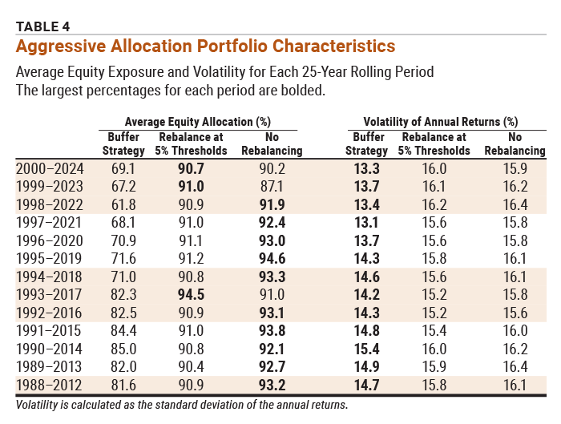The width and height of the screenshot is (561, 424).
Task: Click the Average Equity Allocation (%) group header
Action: [197, 122]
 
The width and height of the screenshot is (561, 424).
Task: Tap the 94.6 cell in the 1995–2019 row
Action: [272, 258]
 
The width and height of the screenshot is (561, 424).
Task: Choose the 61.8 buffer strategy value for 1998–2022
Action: [124, 204]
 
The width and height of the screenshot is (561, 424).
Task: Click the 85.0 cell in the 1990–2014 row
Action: [124, 349]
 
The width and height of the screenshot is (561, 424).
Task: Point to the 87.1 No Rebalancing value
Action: [272, 186]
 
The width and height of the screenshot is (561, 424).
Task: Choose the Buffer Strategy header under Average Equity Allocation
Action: [124, 143]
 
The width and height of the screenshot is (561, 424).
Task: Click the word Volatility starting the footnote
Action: [40, 405]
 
